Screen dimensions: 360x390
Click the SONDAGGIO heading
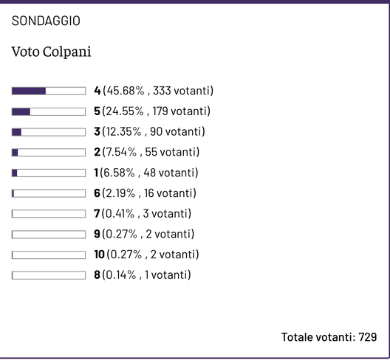click(x=46, y=21)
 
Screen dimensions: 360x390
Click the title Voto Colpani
click(x=51, y=54)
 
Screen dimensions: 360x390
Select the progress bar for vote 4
click(x=49, y=91)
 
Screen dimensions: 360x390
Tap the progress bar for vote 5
click(x=49, y=111)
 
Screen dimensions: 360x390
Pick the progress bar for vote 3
click(x=49, y=132)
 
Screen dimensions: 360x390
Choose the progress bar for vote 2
click(x=49, y=153)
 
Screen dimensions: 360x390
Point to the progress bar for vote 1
click(x=49, y=173)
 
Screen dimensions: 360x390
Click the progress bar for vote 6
click(x=49, y=193)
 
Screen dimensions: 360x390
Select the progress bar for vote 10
click(x=49, y=255)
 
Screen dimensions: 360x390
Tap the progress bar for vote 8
click(x=49, y=275)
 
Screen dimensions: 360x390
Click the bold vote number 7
click(x=97, y=214)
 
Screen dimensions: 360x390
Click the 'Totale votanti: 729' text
click(x=329, y=337)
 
